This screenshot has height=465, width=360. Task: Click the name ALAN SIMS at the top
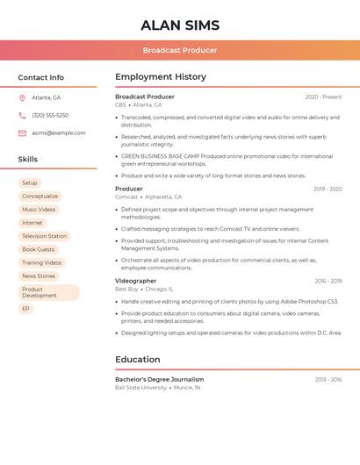(180, 25)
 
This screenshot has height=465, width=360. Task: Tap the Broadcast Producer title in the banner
(180, 50)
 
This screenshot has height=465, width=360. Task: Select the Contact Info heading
(40, 77)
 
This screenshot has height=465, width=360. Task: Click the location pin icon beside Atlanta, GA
(22, 98)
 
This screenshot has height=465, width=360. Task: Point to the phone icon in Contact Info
(22, 115)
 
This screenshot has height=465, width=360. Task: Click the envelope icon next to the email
(22, 133)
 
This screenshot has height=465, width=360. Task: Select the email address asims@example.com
(59, 133)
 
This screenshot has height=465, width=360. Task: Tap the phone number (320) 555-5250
(50, 115)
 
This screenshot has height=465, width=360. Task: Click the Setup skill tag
(30, 182)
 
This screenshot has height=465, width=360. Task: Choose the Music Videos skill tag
(39, 210)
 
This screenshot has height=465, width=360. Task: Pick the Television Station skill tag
(44, 236)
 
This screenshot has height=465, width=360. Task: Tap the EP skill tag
(26, 309)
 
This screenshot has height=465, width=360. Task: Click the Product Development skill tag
(48, 292)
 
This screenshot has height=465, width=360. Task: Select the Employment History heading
(161, 77)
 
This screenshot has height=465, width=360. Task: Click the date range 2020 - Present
(323, 97)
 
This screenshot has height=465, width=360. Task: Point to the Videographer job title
(136, 281)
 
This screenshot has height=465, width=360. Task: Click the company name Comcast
(126, 197)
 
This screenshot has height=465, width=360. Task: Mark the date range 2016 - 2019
(328, 281)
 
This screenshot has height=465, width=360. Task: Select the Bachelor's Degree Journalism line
(159, 379)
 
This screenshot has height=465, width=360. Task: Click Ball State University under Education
(140, 387)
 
